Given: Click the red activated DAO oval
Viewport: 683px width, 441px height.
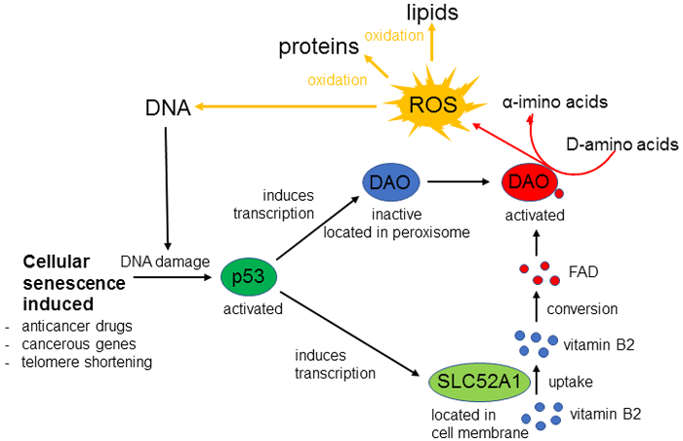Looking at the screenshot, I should tap(528, 181).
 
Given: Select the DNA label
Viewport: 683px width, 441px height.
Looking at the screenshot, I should tap(167, 105).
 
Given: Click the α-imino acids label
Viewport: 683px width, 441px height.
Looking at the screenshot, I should tap(555, 101).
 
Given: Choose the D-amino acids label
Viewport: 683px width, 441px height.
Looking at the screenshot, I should tap(622, 144).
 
